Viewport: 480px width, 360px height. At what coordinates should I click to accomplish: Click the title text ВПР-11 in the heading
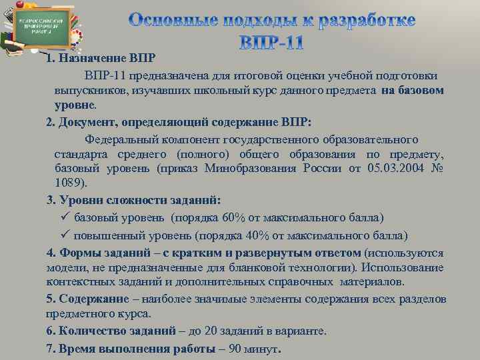(271, 44)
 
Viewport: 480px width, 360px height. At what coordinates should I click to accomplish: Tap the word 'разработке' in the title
(363, 21)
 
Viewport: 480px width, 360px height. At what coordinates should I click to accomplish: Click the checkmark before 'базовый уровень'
(65, 217)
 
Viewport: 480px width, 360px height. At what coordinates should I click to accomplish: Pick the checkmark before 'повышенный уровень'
(65, 235)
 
